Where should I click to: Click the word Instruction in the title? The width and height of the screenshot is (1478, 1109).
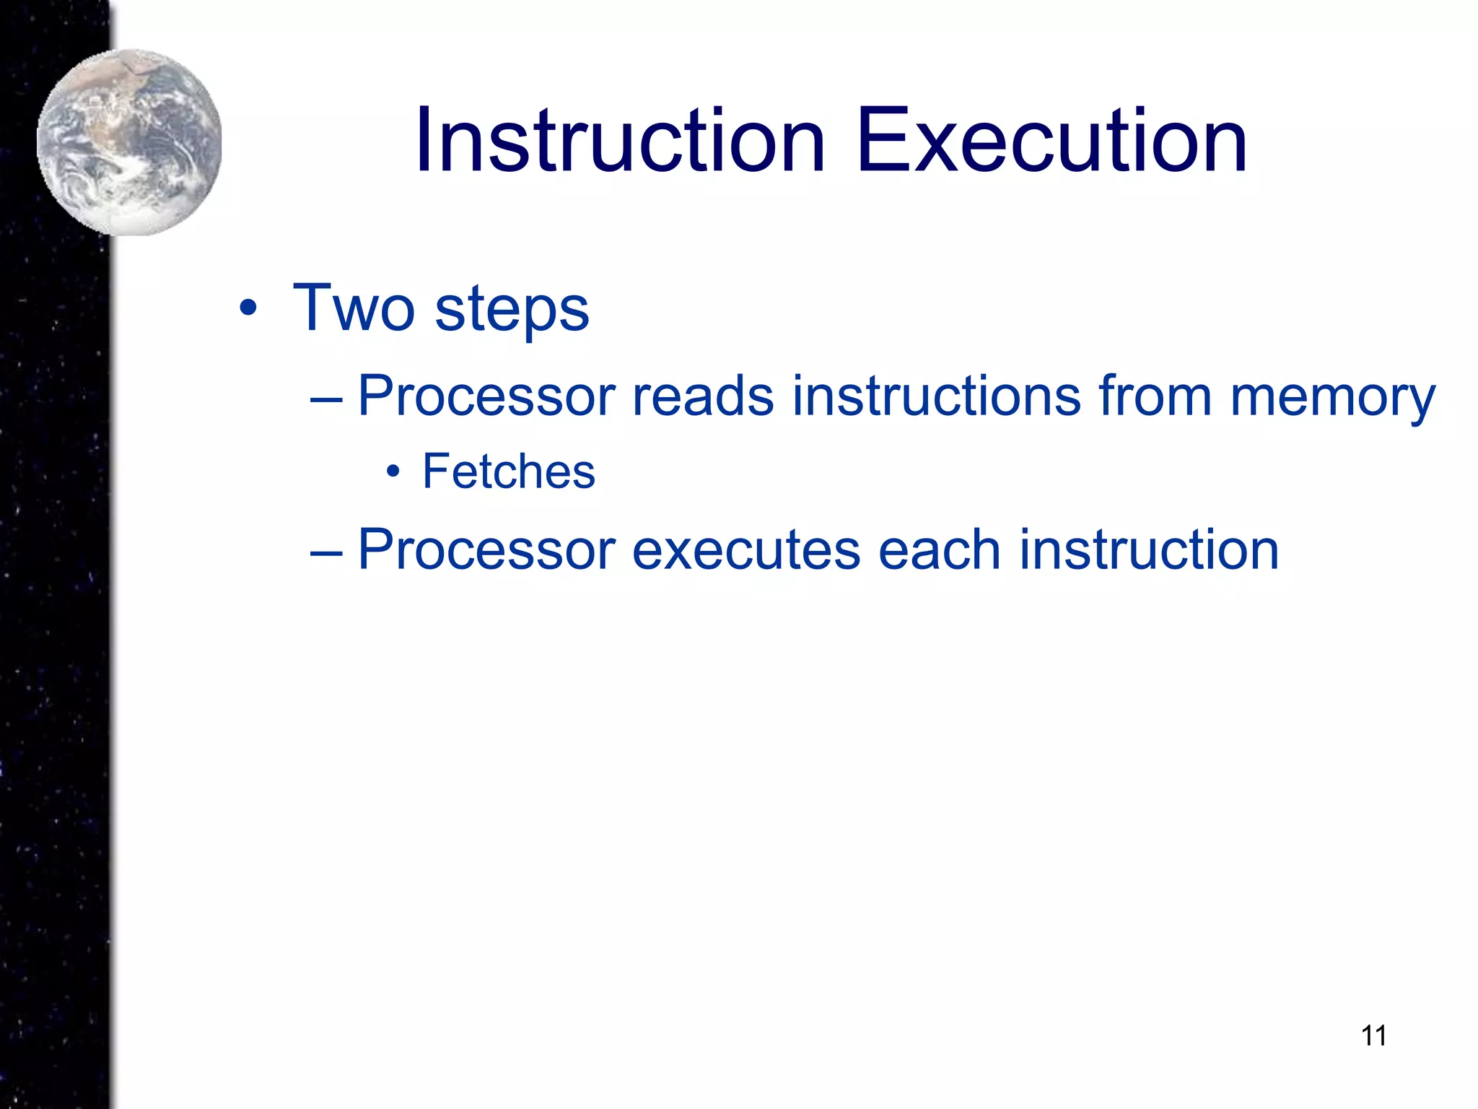click(619, 141)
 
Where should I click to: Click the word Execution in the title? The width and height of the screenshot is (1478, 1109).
click(1051, 141)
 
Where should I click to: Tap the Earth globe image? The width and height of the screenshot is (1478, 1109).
click(130, 142)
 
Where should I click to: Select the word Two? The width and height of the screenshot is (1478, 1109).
click(354, 308)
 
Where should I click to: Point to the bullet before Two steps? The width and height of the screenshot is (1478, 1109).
click(248, 309)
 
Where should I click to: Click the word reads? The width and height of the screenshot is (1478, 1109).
click(703, 396)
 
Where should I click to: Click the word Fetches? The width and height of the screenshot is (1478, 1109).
click(509, 471)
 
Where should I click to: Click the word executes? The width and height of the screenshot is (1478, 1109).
click(746, 550)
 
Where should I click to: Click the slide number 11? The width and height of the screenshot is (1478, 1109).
click(1373, 1036)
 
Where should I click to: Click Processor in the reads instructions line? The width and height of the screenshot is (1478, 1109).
click(486, 396)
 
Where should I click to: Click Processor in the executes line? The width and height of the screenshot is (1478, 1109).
click(486, 550)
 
